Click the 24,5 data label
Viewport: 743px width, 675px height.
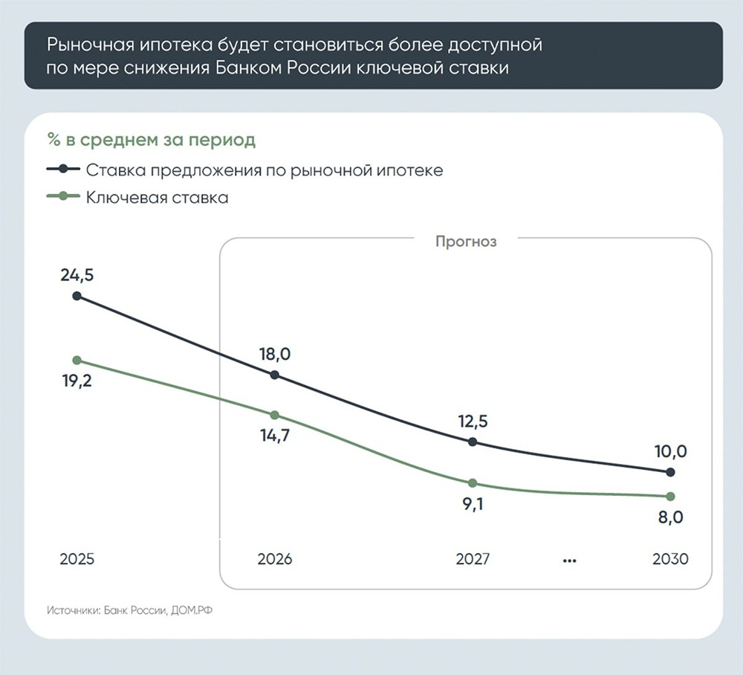click(77, 276)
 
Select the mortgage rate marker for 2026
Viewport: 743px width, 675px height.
click(275, 375)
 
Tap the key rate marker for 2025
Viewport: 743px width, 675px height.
click(77, 360)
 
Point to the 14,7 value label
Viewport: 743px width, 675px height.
click(274, 435)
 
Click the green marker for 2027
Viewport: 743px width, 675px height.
click(473, 483)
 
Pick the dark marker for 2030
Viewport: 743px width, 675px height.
click(671, 472)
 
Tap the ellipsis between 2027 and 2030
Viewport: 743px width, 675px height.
click(570, 560)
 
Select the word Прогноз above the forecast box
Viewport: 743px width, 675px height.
click(465, 242)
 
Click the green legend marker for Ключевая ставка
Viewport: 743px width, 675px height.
click(64, 197)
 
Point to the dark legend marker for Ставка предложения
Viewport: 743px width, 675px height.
click(64, 169)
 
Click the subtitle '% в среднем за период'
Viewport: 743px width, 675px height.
click(151, 139)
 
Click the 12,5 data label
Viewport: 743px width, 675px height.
click(473, 422)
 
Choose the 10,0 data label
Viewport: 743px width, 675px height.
click(670, 450)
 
